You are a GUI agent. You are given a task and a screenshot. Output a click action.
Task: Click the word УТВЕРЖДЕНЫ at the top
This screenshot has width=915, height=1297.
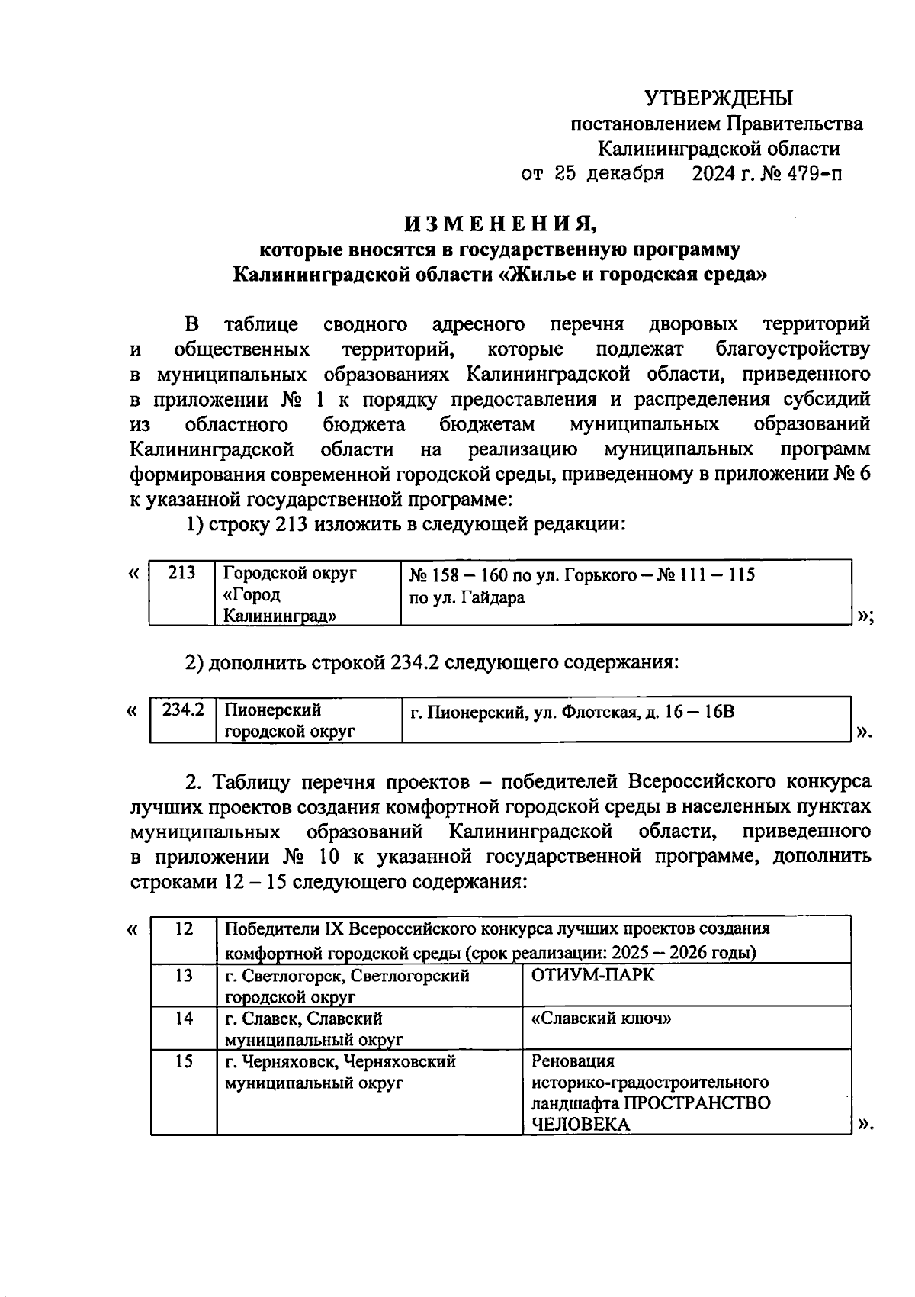pyautogui.click(x=718, y=98)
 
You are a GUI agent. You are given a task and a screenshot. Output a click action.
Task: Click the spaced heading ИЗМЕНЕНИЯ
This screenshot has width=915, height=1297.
pyautogui.click(x=499, y=224)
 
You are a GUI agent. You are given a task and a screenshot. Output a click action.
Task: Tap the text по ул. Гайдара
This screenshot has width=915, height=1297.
pyautogui.click(x=467, y=598)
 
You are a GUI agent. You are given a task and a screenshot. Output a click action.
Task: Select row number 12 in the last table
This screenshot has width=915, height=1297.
pyautogui.click(x=184, y=929)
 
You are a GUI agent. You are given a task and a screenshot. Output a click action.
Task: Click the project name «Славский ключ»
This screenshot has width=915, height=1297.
pyautogui.click(x=601, y=1019)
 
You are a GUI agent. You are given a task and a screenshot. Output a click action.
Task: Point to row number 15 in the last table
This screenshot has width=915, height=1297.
pyautogui.click(x=184, y=1061)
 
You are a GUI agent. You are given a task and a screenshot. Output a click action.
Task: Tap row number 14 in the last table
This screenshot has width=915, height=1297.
pyautogui.click(x=184, y=1019)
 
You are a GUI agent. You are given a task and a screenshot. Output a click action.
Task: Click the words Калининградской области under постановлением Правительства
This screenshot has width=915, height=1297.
pyautogui.click(x=718, y=149)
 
